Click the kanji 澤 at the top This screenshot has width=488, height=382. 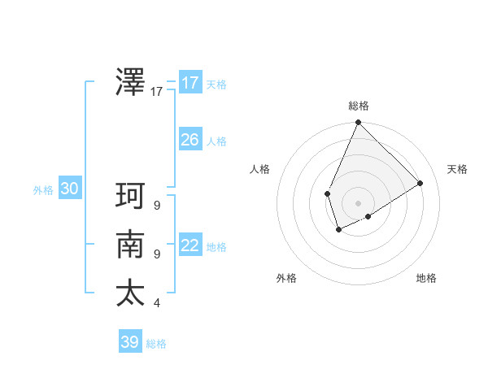tap(131, 82)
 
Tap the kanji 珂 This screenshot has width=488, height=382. tap(131, 197)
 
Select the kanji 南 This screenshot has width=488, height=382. tap(131, 245)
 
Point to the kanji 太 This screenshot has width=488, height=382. tap(131, 293)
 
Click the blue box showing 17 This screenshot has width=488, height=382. tap(190, 83)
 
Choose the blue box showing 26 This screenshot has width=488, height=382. tap(190, 140)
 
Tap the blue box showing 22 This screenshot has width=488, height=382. tap(190, 245)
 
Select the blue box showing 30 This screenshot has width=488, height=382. tap(69, 189)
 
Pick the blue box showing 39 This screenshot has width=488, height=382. tap(130, 341)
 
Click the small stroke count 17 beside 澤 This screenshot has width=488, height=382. tap(157, 92)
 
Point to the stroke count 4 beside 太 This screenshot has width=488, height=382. tap(157, 303)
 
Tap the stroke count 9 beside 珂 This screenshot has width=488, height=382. tap(157, 206)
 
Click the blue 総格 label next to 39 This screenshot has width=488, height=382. tap(157, 344)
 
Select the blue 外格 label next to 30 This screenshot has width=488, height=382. tap(43, 190)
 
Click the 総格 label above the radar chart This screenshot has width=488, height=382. tap(359, 106)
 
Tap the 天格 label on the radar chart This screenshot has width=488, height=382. tap(457, 169)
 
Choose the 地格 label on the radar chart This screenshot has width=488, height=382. tap(426, 278)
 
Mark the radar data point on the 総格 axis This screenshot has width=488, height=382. tap(358, 123)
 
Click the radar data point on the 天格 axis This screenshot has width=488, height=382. tap(420, 183)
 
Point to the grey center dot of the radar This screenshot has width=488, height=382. tap(358, 203)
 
